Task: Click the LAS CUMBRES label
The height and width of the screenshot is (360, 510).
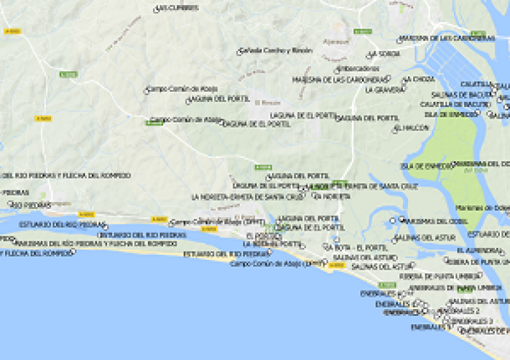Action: tap(178, 8)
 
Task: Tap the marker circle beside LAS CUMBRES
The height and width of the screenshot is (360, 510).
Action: tap(156, 10)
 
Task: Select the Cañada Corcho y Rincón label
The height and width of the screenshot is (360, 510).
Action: tap(277, 50)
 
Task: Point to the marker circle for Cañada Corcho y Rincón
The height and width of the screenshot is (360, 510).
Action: tap(240, 52)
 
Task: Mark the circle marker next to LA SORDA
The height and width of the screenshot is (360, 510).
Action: tap(370, 55)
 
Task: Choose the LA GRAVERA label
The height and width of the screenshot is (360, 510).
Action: tap(384, 90)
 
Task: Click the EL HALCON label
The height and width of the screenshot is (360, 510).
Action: tap(413, 127)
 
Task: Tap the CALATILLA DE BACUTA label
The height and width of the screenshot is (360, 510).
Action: tap(455, 103)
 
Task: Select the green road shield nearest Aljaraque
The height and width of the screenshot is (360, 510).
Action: tap(363, 31)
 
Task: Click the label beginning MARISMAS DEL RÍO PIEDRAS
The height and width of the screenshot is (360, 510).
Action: tap(96, 243)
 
